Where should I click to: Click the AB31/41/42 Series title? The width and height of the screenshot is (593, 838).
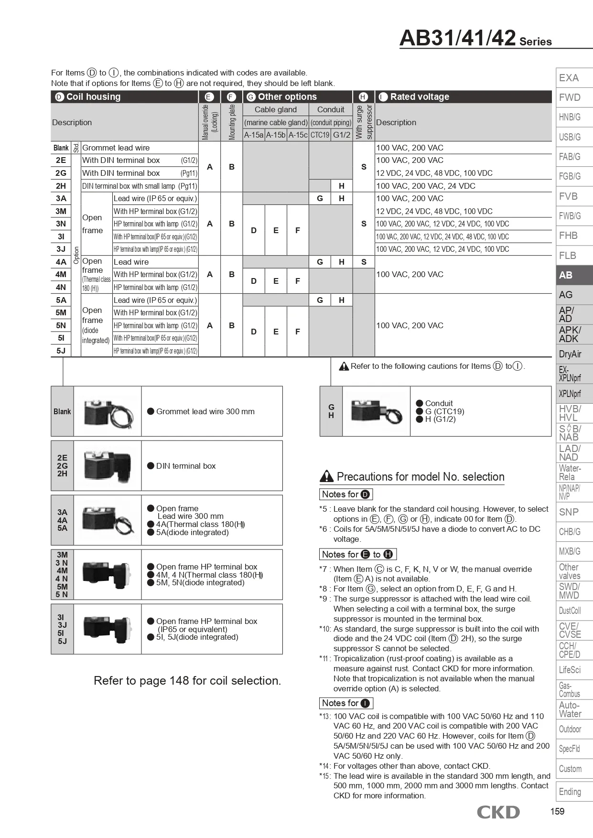(x=475, y=38)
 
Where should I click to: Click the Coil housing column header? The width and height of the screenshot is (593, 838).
(x=93, y=97)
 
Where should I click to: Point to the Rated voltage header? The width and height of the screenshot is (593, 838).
(x=419, y=97)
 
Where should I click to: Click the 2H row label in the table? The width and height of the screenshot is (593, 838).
(x=61, y=186)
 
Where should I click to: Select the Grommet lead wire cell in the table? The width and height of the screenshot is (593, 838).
(x=116, y=148)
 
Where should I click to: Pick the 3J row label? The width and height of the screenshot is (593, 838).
(x=61, y=249)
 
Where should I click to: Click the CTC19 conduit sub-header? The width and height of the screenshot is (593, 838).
(x=320, y=135)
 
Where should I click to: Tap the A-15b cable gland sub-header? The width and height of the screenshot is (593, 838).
(x=276, y=135)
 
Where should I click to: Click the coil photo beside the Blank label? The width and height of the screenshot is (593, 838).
(x=107, y=411)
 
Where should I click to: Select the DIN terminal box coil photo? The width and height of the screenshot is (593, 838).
(x=107, y=466)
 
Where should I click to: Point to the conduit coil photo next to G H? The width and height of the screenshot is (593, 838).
(x=376, y=411)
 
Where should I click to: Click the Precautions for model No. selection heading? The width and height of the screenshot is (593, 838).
(x=420, y=477)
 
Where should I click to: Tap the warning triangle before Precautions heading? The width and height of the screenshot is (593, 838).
(x=326, y=476)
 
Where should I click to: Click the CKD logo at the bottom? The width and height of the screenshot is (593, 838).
(x=498, y=812)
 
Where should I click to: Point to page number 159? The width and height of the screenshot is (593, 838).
(x=557, y=811)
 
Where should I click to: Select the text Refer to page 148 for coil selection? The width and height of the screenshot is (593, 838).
(x=187, y=681)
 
